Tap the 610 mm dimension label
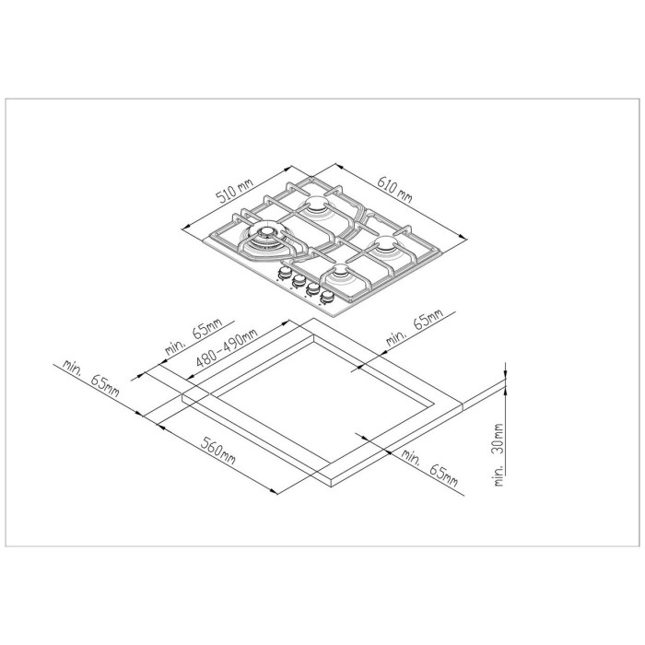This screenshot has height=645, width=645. (x=394, y=190)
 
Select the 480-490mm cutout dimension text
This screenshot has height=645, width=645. (x=227, y=348)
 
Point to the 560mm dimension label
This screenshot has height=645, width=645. (x=218, y=451)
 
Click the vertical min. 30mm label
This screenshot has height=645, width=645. (x=498, y=455)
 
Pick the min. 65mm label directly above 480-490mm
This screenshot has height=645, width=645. (x=193, y=336)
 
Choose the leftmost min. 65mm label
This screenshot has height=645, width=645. (x=90, y=379)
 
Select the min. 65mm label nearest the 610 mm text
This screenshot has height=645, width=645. (x=415, y=327)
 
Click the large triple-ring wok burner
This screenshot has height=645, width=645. (x=266, y=236)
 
